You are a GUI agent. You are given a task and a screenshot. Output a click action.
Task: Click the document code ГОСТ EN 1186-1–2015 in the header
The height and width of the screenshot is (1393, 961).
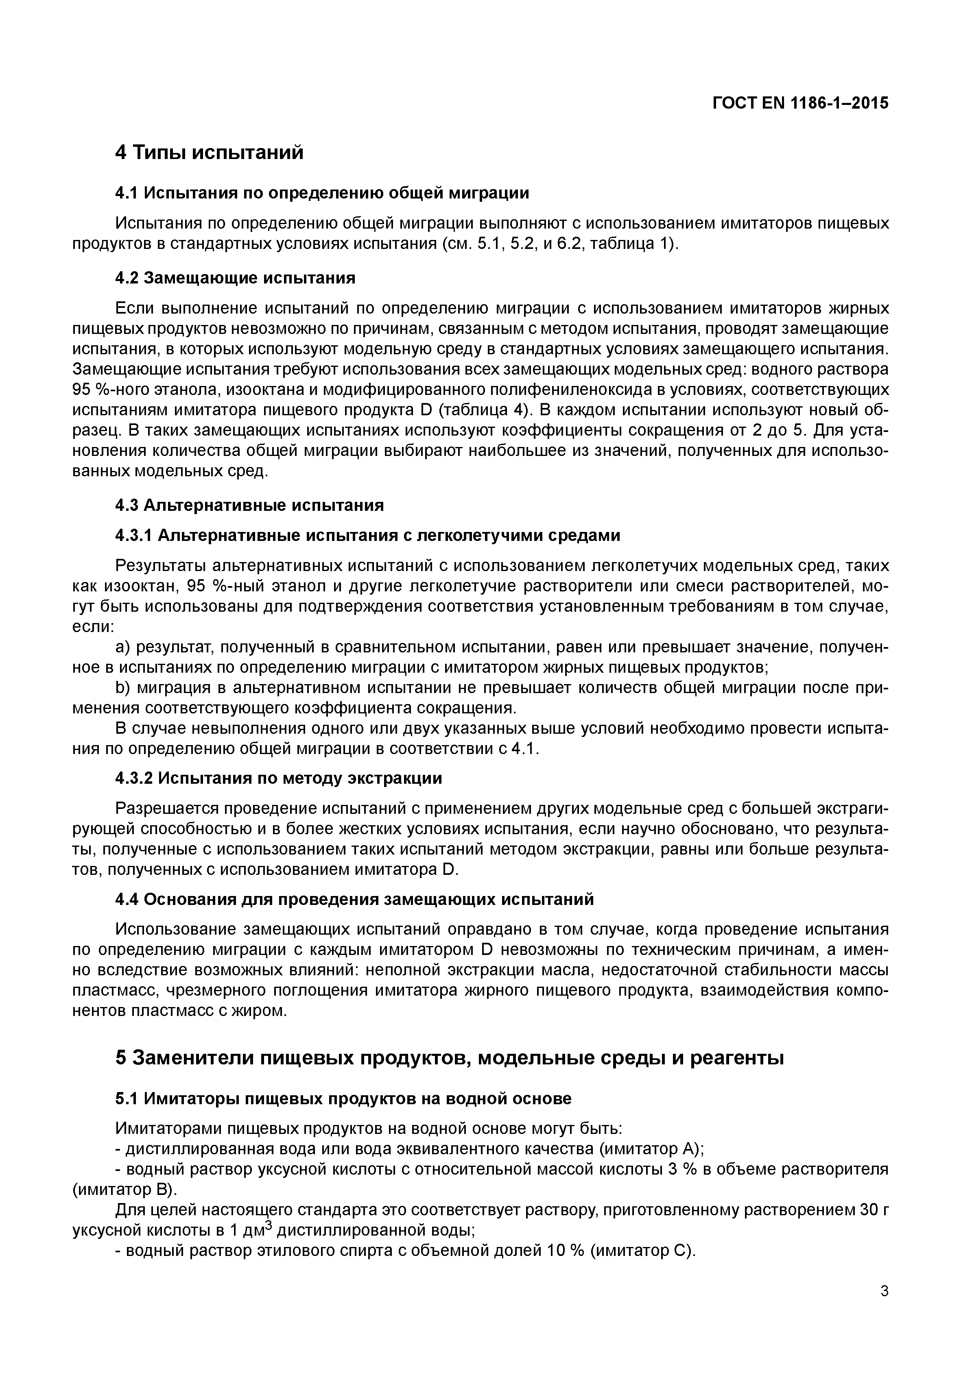(x=800, y=103)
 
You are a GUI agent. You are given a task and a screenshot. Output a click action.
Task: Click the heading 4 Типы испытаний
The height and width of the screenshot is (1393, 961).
(x=209, y=152)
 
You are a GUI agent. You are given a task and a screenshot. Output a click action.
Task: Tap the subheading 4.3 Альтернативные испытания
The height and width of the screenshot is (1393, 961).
(x=249, y=504)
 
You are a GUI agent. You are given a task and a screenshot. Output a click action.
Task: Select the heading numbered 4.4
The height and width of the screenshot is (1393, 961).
(x=354, y=899)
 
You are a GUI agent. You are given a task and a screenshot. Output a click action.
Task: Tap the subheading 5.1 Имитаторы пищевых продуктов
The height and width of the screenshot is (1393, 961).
(x=343, y=1099)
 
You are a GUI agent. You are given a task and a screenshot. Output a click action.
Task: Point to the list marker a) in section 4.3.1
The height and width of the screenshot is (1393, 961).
(x=123, y=647)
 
